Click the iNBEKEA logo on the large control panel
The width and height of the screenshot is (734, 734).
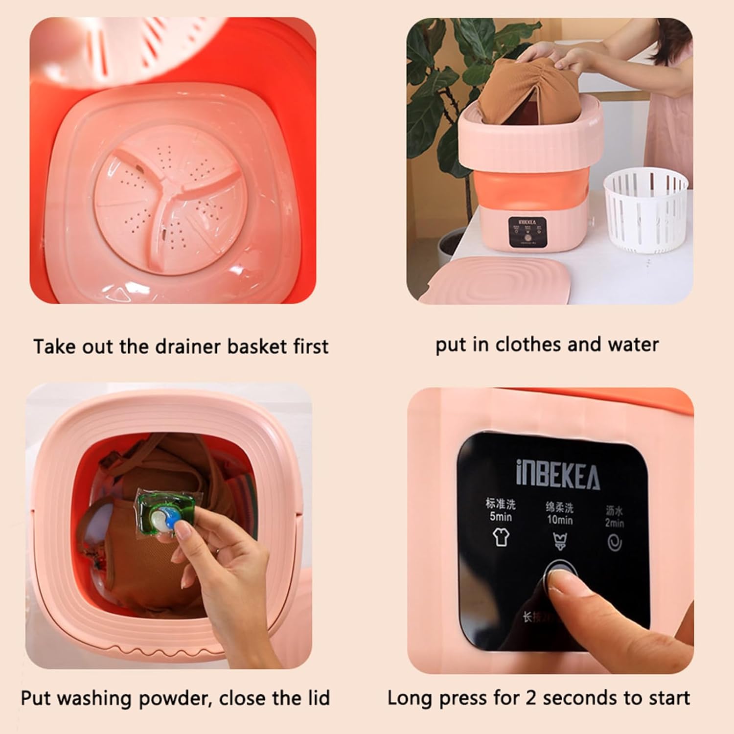coord(557,473)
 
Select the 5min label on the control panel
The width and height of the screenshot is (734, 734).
coord(501,517)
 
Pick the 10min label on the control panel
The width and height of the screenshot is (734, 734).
coord(559,520)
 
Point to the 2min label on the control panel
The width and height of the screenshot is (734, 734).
coord(614,523)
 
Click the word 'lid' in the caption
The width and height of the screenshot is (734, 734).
coord(317,698)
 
